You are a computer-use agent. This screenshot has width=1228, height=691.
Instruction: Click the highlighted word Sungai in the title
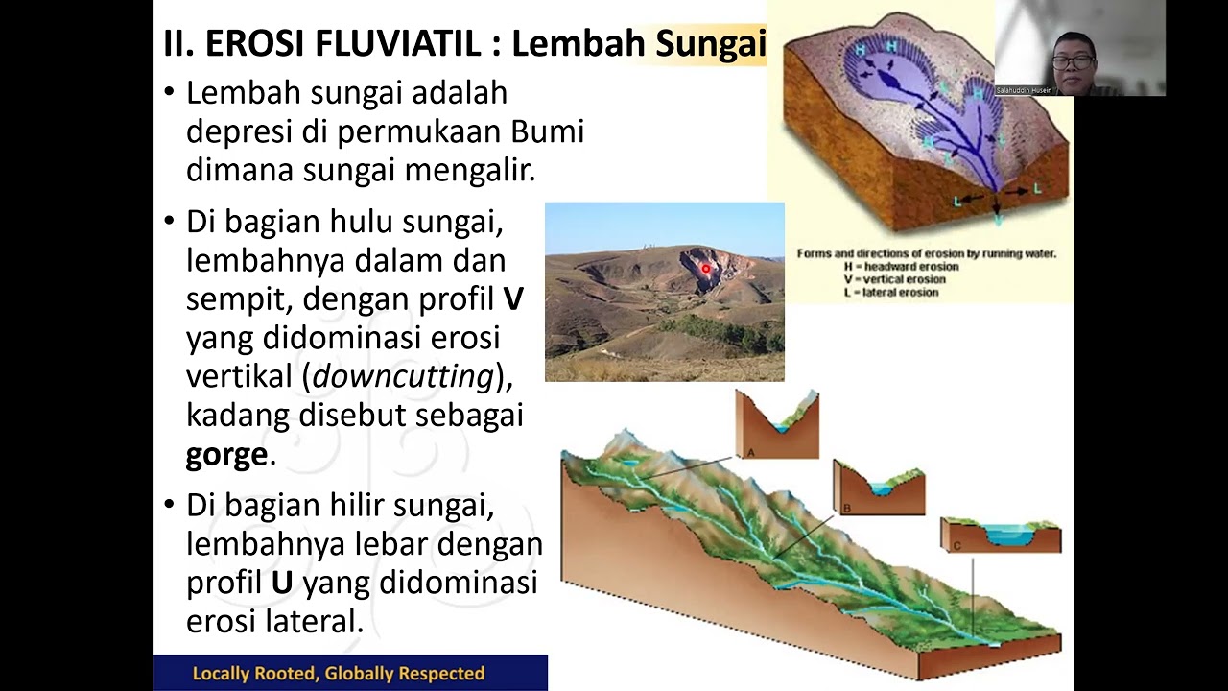pyautogui.click(x=710, y=44)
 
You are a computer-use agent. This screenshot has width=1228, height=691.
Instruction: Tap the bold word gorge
pyautogui.click(x=226, y=454)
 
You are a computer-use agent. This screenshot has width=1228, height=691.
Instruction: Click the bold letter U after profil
pyautogui.click(x=282, y=583)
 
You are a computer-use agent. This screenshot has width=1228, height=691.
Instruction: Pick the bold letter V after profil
pyautogui.click(x=513, y=299)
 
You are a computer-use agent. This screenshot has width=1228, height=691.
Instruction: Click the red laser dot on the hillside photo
pyautogui.click(x=706, y=270)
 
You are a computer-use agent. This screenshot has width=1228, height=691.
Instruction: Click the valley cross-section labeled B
pyautogui.click(x=879, y=488)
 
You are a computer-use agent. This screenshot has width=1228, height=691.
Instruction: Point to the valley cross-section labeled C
pyautogui.click(x=1001, y=535)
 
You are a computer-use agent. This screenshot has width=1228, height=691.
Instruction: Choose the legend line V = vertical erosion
pyautogui.click(x=895, y=279)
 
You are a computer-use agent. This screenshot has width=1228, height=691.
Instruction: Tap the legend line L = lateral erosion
pyautogui.click(x=891, y=292)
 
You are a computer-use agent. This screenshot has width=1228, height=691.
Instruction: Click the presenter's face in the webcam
pyautogui.click(x=1073, y=57)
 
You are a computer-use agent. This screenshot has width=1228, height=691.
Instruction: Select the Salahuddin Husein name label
pyautogui.click(x=1024, y=90)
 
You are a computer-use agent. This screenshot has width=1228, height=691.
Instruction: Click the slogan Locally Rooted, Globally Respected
pyautogui.click(x=339, y=674)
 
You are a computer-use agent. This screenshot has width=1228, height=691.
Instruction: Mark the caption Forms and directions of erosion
pyautogui.click(x=927, y=253)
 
